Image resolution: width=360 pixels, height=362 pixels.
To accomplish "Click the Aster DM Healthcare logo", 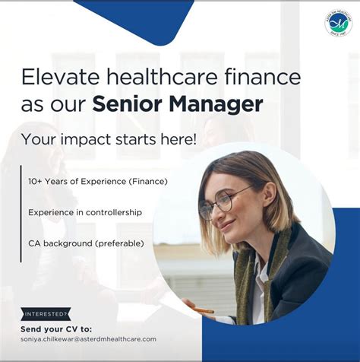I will click(x=338, y=23).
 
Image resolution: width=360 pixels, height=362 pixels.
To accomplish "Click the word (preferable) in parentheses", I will click(x=127, y=243).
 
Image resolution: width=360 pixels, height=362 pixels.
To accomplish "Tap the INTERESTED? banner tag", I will click(x=46, y=313).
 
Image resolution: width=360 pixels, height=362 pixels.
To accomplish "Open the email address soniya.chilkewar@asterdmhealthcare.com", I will click(x=89, y=338).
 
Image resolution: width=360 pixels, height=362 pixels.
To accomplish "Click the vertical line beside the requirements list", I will click(x=21, y=212).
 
